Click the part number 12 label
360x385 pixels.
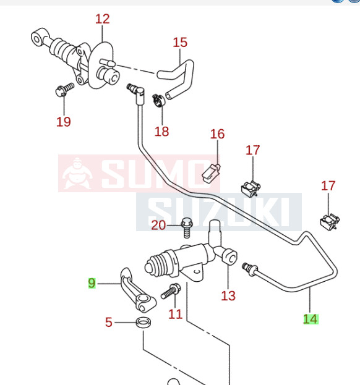103,19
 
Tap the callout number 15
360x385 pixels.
180,42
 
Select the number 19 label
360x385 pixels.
64,122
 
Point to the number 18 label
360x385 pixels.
161,131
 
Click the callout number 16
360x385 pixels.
218,134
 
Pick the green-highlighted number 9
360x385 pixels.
92,283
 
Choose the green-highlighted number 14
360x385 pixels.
311,319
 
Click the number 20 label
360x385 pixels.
158,225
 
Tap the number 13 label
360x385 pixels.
228,295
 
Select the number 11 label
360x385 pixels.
175,314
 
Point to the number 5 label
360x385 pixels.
109,322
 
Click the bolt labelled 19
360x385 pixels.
64,90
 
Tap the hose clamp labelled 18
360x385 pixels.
158,101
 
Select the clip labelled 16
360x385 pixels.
211,173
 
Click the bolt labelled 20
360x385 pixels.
187,228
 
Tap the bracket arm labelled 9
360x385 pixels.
137,290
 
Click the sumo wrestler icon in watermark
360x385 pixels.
77,174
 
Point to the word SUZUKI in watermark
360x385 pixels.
218,212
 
